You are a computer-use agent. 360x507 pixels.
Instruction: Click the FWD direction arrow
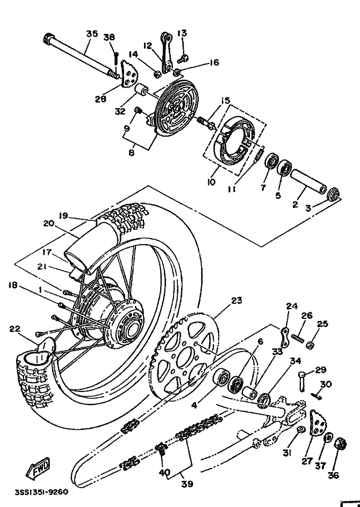click(38, 468)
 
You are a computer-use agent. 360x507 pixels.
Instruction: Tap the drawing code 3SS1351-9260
click(42, 492)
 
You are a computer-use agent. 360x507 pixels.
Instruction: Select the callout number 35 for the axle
click(92, 34)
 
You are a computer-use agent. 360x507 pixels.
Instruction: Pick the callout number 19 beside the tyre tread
click(63, 216)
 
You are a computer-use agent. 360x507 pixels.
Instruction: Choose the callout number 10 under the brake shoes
click(211, 182)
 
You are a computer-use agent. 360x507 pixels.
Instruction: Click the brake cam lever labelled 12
click(167, 52)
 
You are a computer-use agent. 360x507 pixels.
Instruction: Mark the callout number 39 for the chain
click(186, 484)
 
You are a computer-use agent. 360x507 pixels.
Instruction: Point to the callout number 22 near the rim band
click(15, 329)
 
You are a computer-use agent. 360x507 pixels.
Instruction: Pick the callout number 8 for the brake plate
click(131, 153)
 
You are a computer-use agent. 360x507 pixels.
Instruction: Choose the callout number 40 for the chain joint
click(164, 473)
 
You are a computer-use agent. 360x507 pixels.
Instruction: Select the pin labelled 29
click(303, 382)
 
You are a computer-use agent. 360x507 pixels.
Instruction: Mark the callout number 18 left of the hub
click(13, 285)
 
